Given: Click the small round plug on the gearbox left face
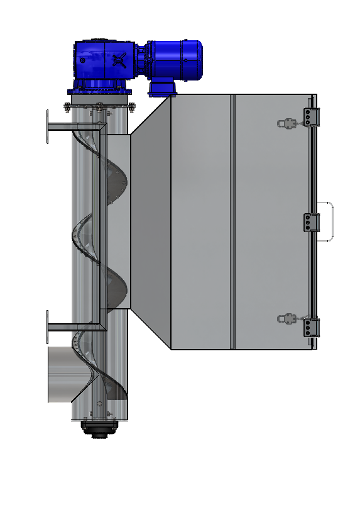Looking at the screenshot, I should tap(82, 60).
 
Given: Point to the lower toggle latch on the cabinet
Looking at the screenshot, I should tap(288, 319).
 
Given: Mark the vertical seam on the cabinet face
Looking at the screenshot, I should tap(233, 221).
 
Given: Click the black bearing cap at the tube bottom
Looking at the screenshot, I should tap(98, 431).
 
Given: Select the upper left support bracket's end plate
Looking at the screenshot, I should tap(48, 126).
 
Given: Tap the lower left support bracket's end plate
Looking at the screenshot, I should tap(48, 326).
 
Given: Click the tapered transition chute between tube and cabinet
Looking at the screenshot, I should tap(150, 221).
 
